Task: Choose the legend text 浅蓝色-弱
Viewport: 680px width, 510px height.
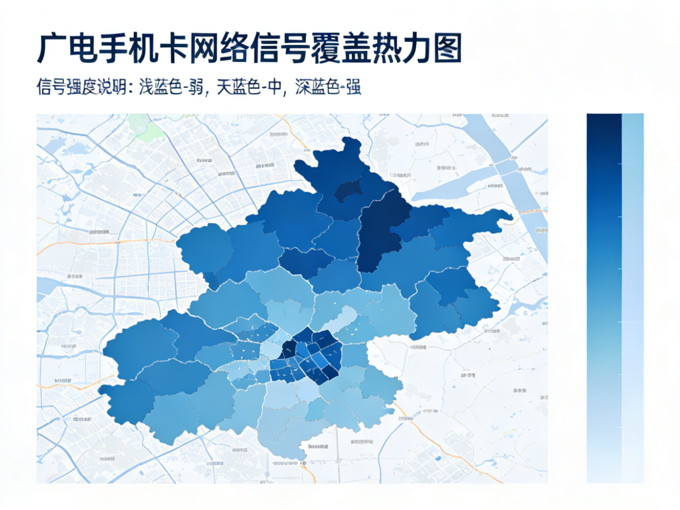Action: pos(172,87)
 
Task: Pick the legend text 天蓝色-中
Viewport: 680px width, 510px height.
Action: pos(249,87)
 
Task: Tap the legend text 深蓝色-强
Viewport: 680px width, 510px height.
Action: pos(328,87)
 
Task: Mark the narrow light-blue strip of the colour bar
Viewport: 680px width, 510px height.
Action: pos(633,287)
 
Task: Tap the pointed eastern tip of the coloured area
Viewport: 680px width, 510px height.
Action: pos(509,216)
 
